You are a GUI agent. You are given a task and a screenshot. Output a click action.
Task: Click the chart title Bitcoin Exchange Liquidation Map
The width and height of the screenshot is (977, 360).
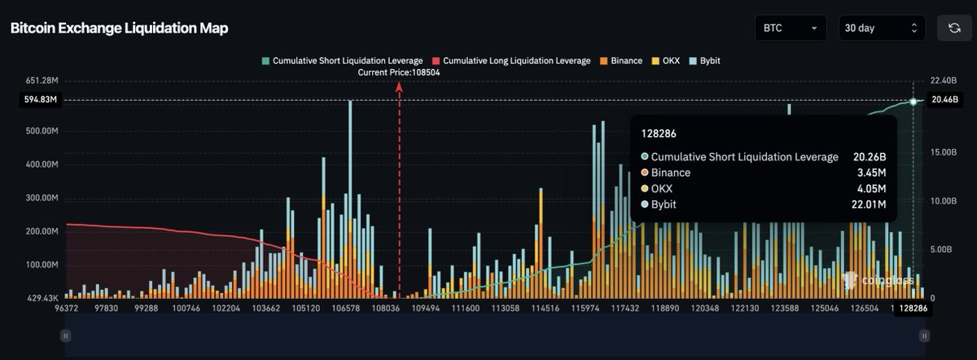click(x=119, y=29)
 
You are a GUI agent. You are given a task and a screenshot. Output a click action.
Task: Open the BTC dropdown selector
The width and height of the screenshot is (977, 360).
click(x=790, y=29)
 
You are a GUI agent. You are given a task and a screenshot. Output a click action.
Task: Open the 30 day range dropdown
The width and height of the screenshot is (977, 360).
click(x=882, y=29)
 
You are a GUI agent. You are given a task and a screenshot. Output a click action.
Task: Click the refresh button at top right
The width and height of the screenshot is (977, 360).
click(x=953, y=29)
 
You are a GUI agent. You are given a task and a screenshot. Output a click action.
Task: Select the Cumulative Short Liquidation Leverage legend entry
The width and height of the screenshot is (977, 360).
click(x=342, y=61)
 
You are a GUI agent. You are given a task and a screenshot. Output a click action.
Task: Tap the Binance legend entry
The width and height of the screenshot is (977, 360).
click(x=620, y=61)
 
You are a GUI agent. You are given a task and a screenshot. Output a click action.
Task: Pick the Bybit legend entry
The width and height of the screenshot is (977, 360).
click(x=704, y=61)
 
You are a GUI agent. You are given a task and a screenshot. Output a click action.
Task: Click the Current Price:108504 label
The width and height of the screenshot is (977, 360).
click(x=399, y=72)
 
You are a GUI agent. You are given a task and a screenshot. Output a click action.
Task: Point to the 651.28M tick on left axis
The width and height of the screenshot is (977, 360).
click(x=42, y=81)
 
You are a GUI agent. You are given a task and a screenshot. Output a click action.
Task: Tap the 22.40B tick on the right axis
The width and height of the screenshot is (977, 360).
click(x=946, y=81)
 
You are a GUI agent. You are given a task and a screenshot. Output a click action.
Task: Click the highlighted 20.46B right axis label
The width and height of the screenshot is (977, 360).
click(x=946, y=100)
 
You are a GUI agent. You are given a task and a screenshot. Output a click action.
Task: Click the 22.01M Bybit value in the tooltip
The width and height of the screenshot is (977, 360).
click(x=868, y=204)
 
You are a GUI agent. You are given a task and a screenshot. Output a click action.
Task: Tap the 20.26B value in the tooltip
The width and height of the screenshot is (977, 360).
click(x=869, y=157)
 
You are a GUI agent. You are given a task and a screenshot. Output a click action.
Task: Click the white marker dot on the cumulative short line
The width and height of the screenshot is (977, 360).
click(x=913, y=101)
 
